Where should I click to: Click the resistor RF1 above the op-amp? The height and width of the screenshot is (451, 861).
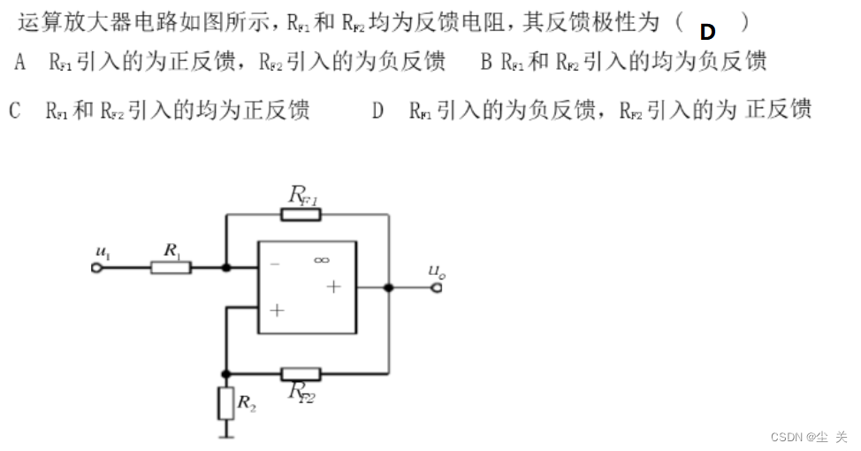(301, 214)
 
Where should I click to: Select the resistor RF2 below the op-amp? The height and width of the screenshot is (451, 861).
(301, 373)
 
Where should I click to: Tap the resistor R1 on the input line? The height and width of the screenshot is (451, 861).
(171, 266)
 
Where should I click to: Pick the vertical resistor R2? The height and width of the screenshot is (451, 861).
(226, 404)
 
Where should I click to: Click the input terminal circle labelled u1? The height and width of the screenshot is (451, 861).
(97, 266)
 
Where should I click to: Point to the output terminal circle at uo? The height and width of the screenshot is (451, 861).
(436, 287)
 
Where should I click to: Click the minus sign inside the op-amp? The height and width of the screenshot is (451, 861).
(275, 264)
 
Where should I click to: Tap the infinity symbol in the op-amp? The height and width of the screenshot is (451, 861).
(321, 259)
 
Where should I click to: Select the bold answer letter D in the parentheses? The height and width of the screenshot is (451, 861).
(707, 32)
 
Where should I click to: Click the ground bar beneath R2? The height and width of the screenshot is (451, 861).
(226, 434)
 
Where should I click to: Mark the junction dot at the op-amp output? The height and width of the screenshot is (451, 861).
(388, 287)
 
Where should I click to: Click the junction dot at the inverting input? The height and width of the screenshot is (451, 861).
(226, 266)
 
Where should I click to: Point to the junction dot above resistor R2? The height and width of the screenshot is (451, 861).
(226, 373)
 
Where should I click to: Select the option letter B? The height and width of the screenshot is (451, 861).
(485, 62)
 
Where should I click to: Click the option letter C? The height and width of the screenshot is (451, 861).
(14, 111)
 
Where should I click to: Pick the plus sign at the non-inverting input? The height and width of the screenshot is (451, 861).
(277, 310)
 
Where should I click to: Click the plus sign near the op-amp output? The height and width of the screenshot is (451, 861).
(333, 286)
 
